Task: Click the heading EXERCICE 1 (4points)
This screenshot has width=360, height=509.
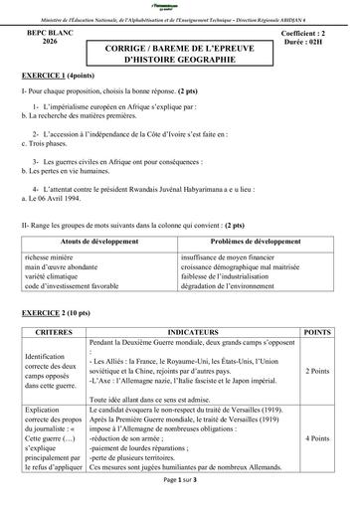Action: [56, 76]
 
